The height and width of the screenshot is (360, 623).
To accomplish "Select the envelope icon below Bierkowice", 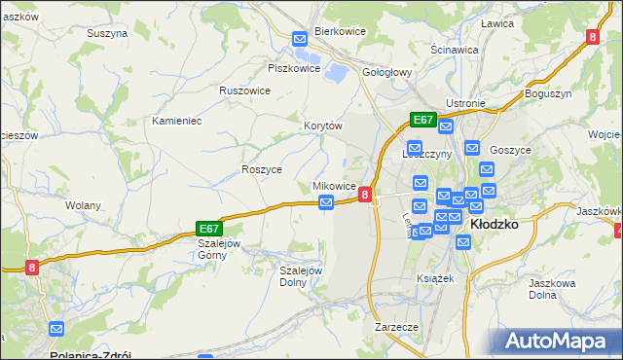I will coord(300,40).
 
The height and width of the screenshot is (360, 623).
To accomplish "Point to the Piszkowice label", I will coord(294,68).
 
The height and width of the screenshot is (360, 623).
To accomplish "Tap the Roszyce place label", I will coord(261,169).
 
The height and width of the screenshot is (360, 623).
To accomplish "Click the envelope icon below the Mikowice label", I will coord(327,202).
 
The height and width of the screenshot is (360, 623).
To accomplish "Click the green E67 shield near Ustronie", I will coord(421,120).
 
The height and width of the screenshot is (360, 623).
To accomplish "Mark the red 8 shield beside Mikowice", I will coord(364,195).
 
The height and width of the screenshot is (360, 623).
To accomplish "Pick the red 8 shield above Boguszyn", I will coord(593,37).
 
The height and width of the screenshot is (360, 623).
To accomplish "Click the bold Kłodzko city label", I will coord(494,224).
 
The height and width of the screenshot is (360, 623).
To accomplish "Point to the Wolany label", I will coord(82,206).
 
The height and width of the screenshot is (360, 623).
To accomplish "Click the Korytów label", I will coord(323,126).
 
